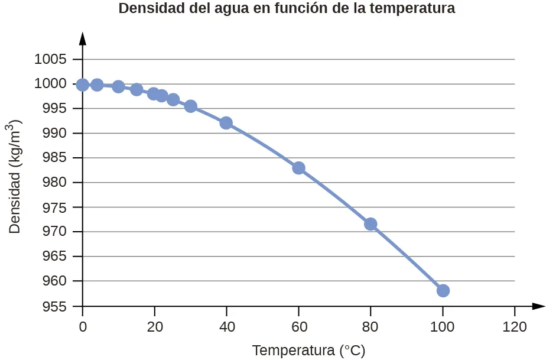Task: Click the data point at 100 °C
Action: pyautogui.click(x=443, y=290)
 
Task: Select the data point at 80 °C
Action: pyautogui.click(x=370, y=224)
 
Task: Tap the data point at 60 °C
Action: pyautogui.click(x=298, y=168)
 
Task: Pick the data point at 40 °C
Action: pyautogui.click(x=226, y=123)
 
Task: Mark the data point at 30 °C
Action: pyautogui.click(x=190, y=106)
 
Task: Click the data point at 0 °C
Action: pyautogui.click(x=83, y=85)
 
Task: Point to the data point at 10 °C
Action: pyautogui.click(x=118, y=87)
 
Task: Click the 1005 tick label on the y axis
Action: pyautogui.click(x=50, y=59)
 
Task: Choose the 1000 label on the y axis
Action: pyautogui.click(x=50, y=84)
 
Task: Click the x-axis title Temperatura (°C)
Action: pyautogui.click(x=308, y=351)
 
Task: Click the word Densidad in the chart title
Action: pyautogui.click(x=148, y=9)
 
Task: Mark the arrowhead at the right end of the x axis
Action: pyautogui.click(x=537, y=306)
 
